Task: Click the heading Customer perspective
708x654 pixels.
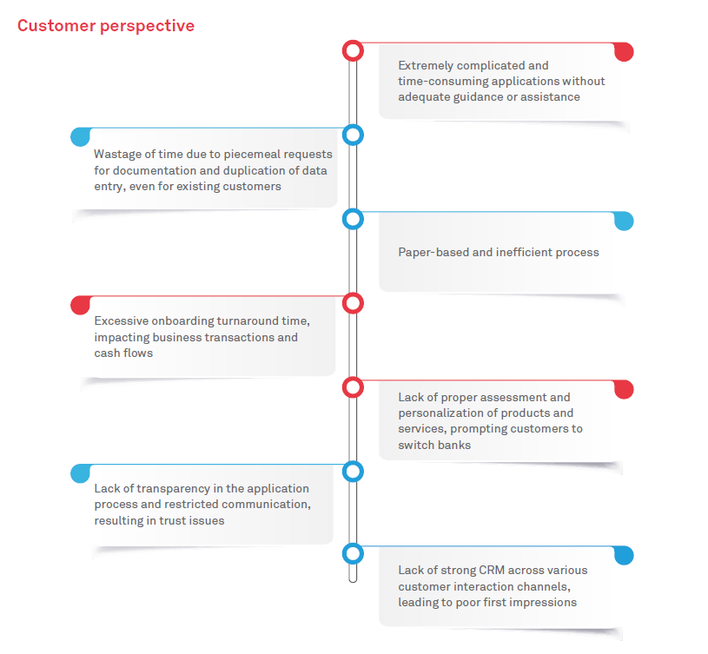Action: (x=106, y=26)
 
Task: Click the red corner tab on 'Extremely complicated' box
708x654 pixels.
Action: (x=625, y=51)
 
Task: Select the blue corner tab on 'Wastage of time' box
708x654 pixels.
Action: (x=81, y=137)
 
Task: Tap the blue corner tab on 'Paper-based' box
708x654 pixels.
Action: (x=625, y=221)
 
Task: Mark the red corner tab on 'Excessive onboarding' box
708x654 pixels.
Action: (x=81, y=306)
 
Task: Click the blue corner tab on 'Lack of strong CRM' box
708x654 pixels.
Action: (x=625, y=556)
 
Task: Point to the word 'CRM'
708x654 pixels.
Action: (x=492, y=571)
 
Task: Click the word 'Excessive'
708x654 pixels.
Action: (x=122, y=320)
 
